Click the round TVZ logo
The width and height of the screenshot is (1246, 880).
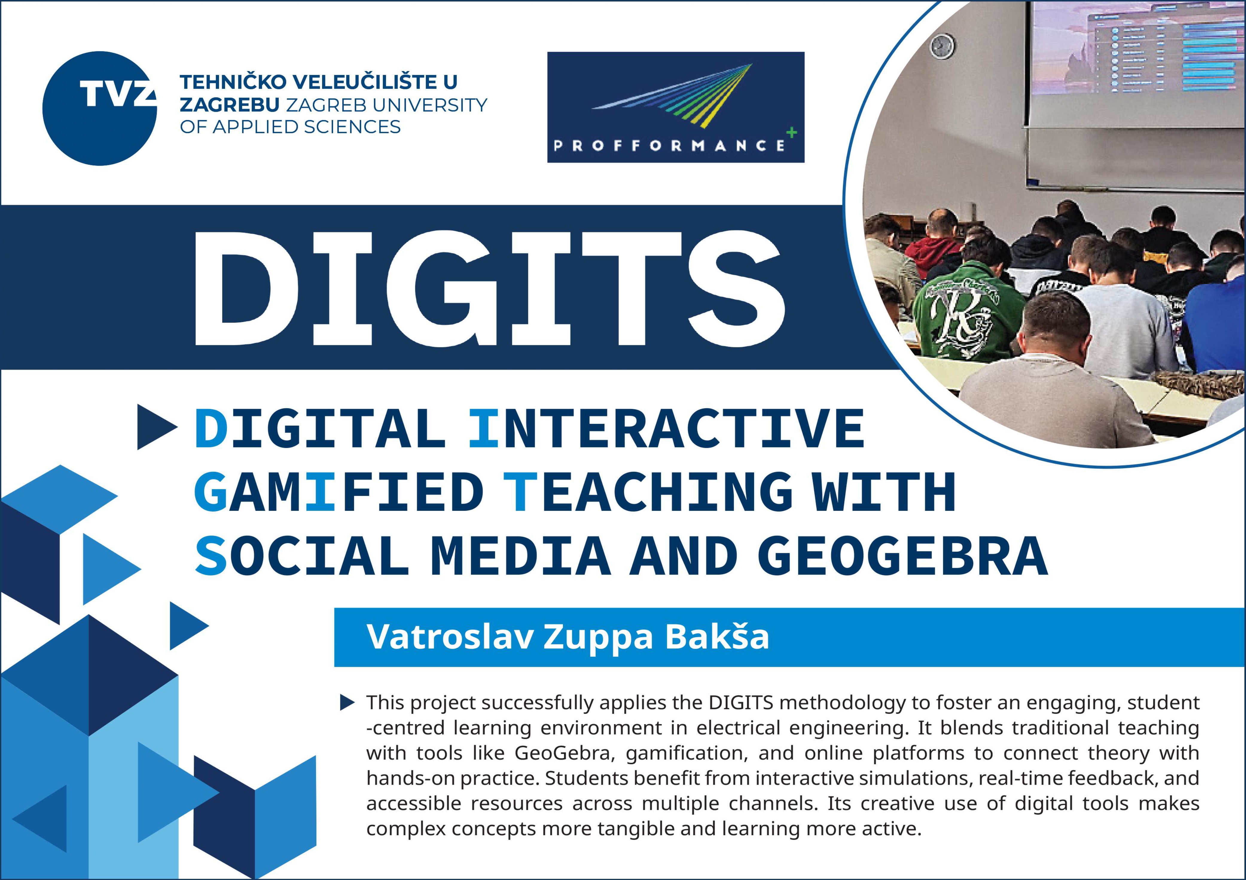(x=100, y=108)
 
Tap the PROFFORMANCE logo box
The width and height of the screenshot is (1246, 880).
(x=676, y=107)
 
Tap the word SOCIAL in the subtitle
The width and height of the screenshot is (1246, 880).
(x=302, y=556)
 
